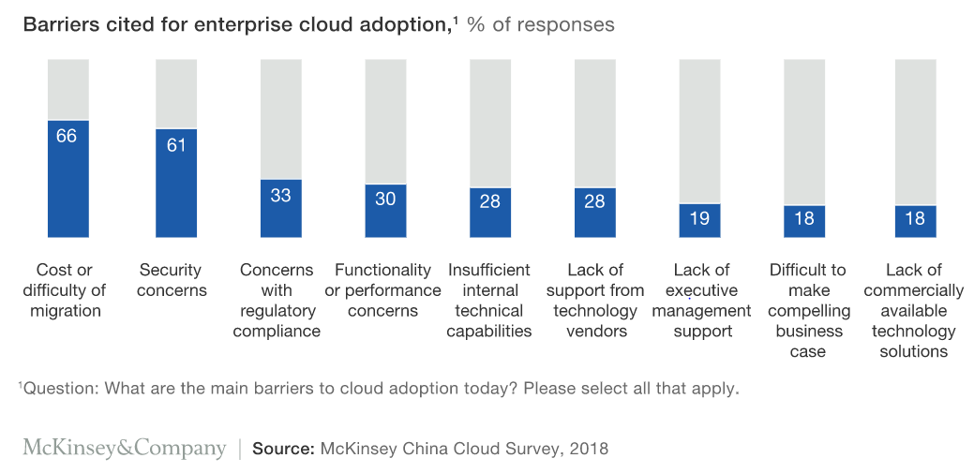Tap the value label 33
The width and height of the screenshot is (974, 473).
[280, 196]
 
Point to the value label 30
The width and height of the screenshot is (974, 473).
[385, 199]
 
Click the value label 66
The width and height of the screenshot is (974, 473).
[67, 136]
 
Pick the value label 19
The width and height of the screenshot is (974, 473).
[698, 219]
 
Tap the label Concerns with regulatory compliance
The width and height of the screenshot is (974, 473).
[277, 301]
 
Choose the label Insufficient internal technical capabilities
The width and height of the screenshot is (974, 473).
[489, 301]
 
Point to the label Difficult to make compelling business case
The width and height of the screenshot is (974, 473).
[808, 311]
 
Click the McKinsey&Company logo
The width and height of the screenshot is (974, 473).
[125, 449]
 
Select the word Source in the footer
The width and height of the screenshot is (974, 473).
[282, 449]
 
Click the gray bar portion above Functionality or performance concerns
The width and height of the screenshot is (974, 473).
[385, 121]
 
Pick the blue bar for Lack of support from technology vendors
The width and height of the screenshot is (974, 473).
[594, 213]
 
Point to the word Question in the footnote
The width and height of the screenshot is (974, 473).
[55, 388]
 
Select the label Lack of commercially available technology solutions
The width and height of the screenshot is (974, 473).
[913, 311]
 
